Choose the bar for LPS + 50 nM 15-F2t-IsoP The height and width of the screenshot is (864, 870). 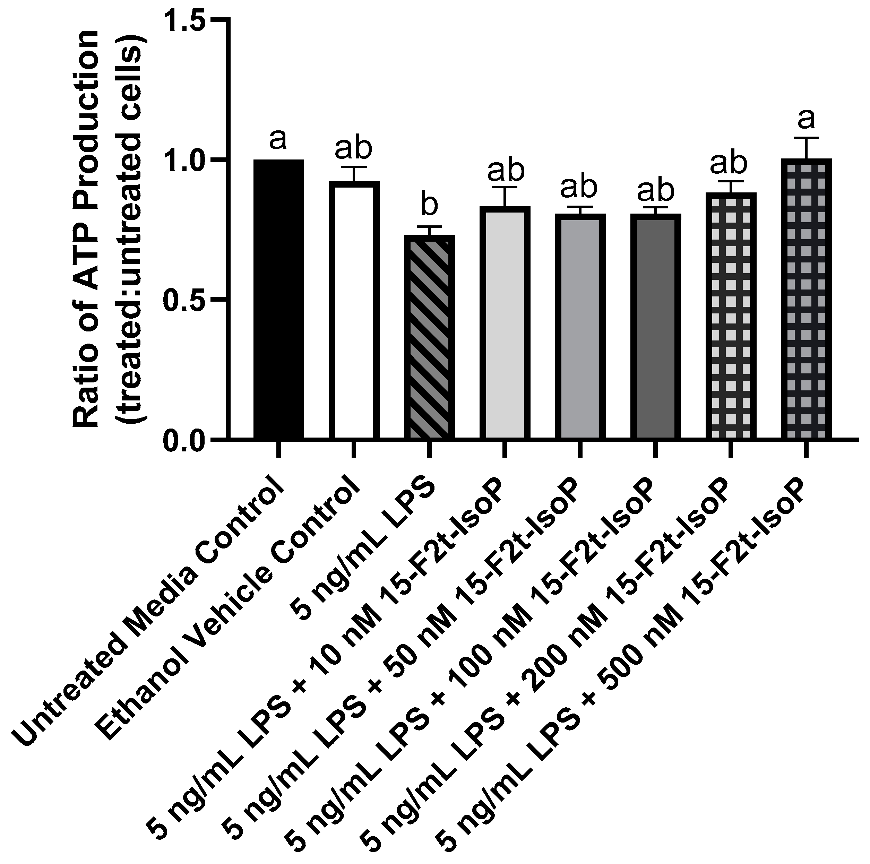coord(580,326)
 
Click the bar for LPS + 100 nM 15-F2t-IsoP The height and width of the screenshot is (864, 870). coord(655,326)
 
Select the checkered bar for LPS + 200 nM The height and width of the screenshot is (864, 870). coord(730,315)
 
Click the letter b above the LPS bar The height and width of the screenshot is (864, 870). coord(429,205)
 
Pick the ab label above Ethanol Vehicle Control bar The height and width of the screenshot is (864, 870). coord(354,149)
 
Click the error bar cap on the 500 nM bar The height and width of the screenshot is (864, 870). coord(806,138)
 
